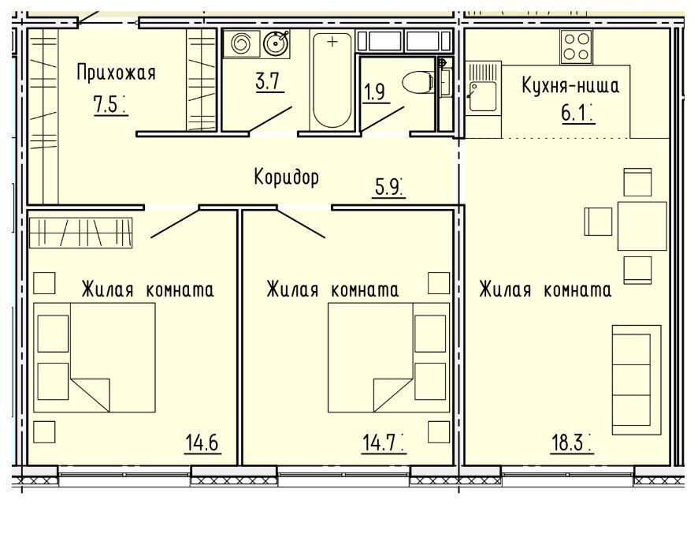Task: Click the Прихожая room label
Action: coord(116,73)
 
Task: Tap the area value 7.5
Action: coord(106,105)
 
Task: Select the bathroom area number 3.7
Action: coord(268,81)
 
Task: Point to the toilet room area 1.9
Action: coord(374,92)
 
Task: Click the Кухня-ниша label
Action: coord(570,85)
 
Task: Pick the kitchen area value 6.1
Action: coord(574,113)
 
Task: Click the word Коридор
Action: coord(287,177)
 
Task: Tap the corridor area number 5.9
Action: coord(387,187)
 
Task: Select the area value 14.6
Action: coord(202,442)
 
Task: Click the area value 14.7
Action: coord(380,442)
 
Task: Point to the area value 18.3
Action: coord(567,442)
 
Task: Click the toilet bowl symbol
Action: coord(418,82)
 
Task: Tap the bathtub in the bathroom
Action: coord(332,80)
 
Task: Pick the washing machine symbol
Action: coord(241,43)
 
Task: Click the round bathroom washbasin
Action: coord(276,43)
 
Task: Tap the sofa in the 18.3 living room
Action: coord(636,379)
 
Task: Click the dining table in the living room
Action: coord(642,226)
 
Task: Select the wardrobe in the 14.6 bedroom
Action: coord(80,233)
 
